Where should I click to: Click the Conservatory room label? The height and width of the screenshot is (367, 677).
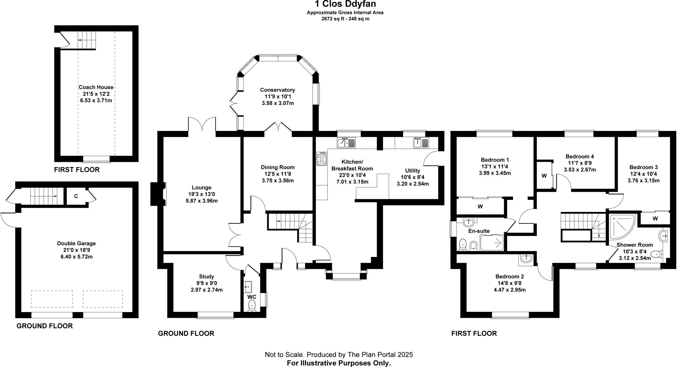pyautogui.click(x=277, y=90)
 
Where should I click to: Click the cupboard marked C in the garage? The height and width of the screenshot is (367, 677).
pyautogui.click(x=76, y=196)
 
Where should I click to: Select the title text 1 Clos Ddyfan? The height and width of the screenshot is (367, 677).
pyautogui.click(x=345, y=4)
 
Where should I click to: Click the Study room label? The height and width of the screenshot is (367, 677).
pyautogui.click(x=207, y=276)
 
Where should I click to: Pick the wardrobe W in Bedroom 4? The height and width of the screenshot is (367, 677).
pyautogui.click(x=544, y=176)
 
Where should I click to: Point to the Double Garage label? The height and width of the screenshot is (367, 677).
pyautogui.click(x=76, y=243)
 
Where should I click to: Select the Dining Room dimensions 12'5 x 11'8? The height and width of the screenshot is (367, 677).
pyautogui.click(x=278, y=174)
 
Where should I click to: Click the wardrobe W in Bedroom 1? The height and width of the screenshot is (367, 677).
pyautogui.click(x=480, y=206)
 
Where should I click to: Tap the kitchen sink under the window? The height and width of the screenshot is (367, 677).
pyautogui.click(x=346, y=143)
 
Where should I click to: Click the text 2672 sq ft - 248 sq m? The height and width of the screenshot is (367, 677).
pyautogui.click(x=345, y=19)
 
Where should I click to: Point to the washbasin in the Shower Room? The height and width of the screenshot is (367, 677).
pyautogui.click(x=663, y=236)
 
